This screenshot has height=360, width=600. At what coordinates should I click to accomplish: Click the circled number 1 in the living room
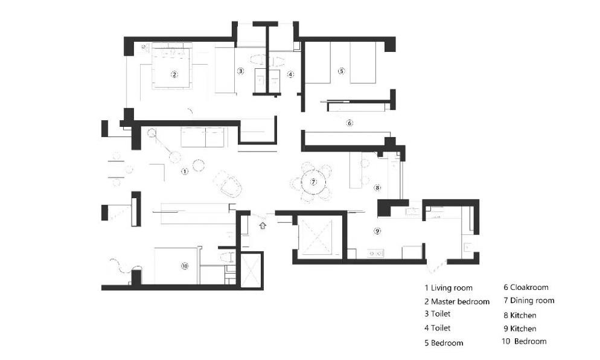(x=185, y=171)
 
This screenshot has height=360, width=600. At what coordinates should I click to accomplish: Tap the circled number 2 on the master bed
(x=174, y=75)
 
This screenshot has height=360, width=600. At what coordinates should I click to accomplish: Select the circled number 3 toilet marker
(x=240, y=71)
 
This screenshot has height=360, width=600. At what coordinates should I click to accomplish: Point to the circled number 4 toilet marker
(x=290, y=74)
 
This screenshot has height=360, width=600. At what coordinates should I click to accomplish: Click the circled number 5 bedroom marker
(x=341, y=71)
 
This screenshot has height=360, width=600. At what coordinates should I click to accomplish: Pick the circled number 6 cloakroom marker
(x=349, y=123)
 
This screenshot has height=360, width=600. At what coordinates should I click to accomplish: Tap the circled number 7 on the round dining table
(x=313, y=182)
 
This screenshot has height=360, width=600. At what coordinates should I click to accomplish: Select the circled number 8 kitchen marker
(x=377, y=188)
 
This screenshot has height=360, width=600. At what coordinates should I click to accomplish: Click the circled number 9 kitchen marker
(x=377, y=231)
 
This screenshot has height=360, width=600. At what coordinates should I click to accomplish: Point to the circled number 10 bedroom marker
(x=185, y=266)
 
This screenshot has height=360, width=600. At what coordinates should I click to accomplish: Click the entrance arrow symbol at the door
(x=263, y=225)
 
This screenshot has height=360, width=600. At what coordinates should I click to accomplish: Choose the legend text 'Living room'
(x=452, y=288)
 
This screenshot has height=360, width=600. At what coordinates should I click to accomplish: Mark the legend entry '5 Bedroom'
(x=444, y=342)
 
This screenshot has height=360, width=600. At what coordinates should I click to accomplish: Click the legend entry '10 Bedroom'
(x=524, y=341)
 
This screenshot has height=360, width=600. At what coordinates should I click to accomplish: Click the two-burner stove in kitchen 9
(x=375, y=253)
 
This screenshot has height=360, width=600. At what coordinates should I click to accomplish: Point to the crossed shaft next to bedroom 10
(x=251, y=271)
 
